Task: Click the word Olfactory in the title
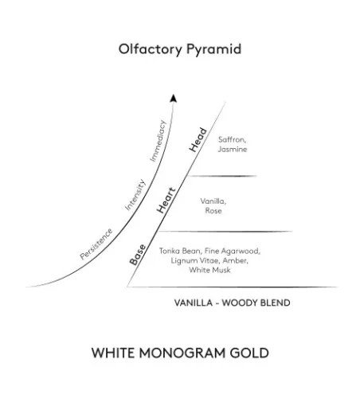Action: (151, 49)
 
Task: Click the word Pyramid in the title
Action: (213, 49)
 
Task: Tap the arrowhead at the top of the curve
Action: (174, 98)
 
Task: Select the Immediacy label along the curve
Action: (158, 141)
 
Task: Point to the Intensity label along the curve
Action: (135, 195)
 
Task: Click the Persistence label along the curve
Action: (96, 244)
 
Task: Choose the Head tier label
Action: (198, 140)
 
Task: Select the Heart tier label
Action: (166, 201)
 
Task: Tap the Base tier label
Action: (138, 255)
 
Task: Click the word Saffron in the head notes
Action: (232, 139)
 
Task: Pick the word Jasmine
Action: (233, 149)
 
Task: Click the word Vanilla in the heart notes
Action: (213, 201)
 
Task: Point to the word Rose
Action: (213, 211)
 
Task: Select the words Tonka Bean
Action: (181, 251)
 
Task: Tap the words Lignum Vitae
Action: (195, 260)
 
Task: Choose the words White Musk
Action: (209, 270)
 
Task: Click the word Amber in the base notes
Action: (235, 260)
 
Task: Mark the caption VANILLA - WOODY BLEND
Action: (232, 302)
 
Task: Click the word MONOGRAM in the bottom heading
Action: (182, 353)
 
